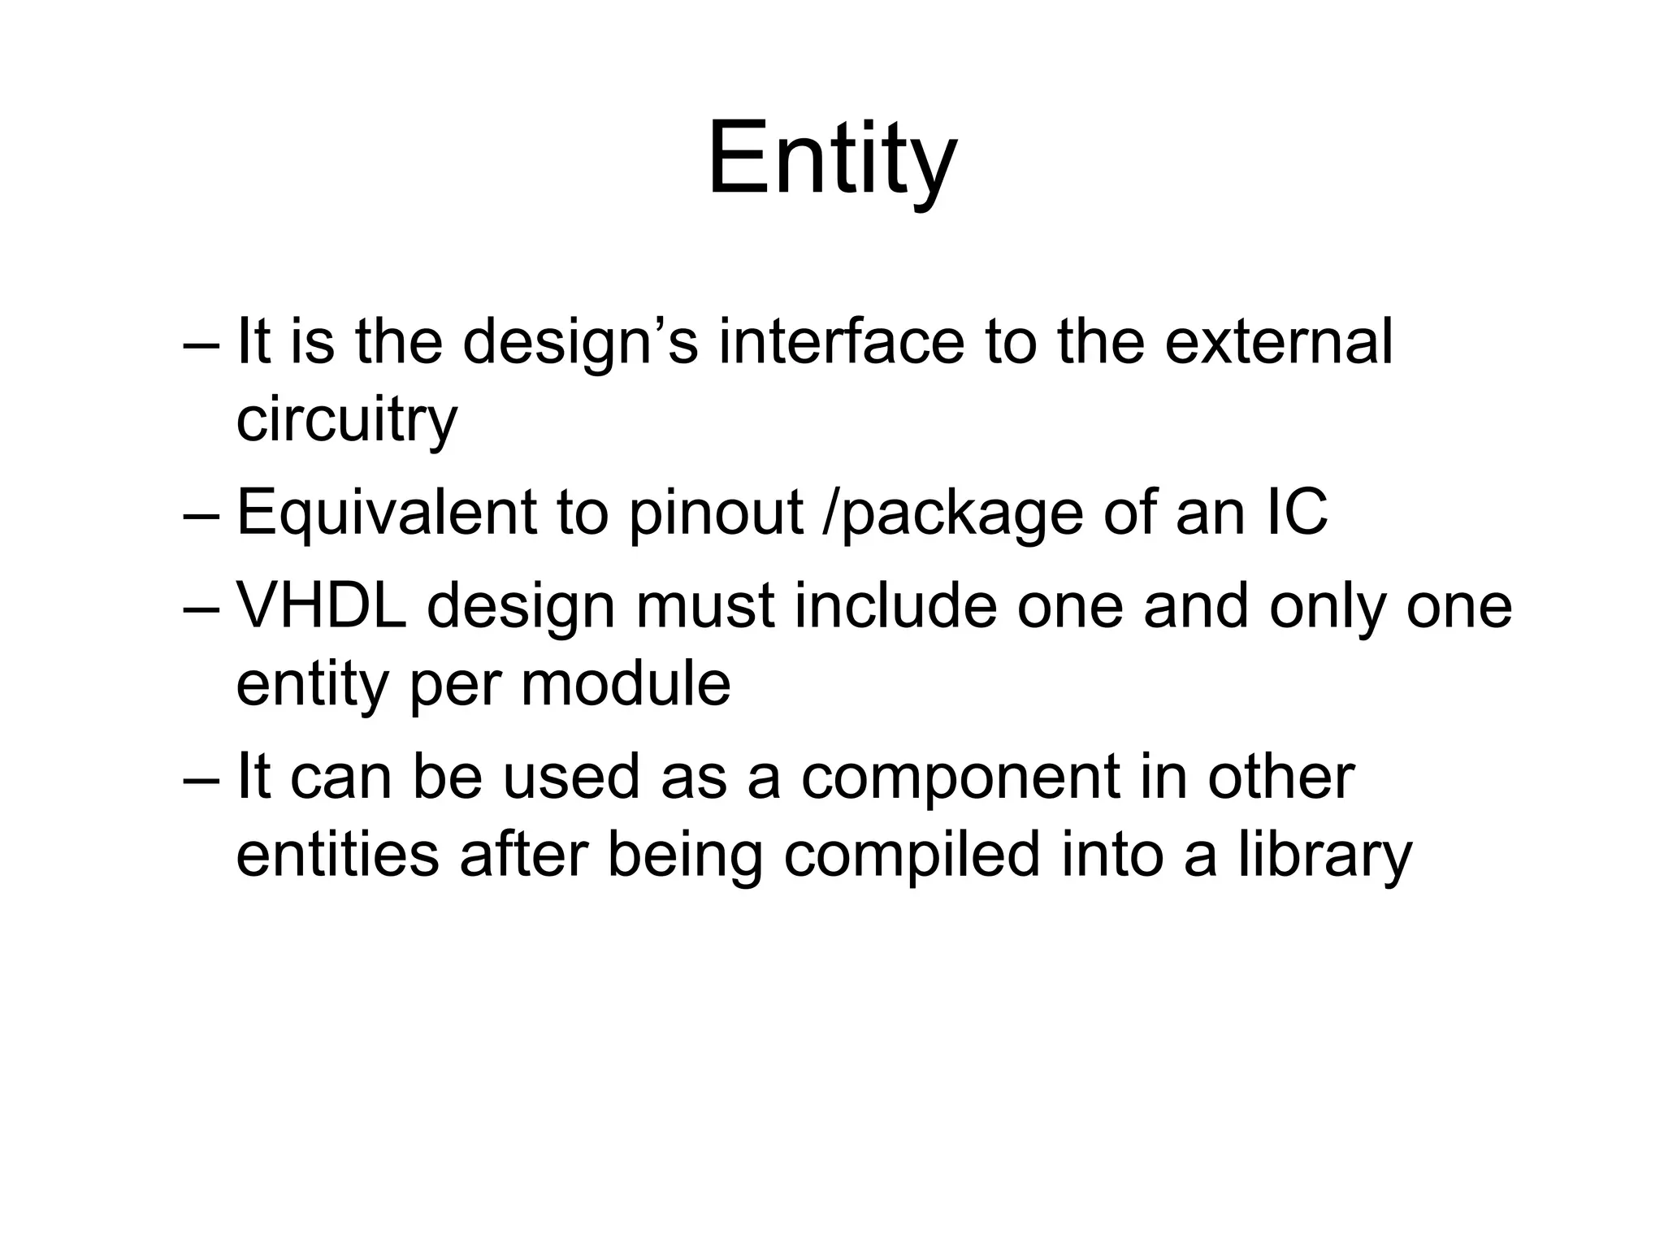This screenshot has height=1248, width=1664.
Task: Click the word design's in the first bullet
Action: tap(579, 343)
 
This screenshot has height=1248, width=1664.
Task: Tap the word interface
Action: tap(840, 341)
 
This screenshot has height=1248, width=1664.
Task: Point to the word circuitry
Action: tap(346, 421)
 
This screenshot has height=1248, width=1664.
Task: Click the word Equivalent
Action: tap(387, 514)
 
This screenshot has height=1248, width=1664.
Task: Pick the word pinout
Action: tap(716, 514)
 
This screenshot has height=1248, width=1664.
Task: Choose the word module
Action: tap(626, 683)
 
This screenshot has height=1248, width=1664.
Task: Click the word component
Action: tap(960, 778)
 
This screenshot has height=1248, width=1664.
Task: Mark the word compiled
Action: tap(912, 856)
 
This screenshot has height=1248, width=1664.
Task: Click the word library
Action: tap(1325, 856)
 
